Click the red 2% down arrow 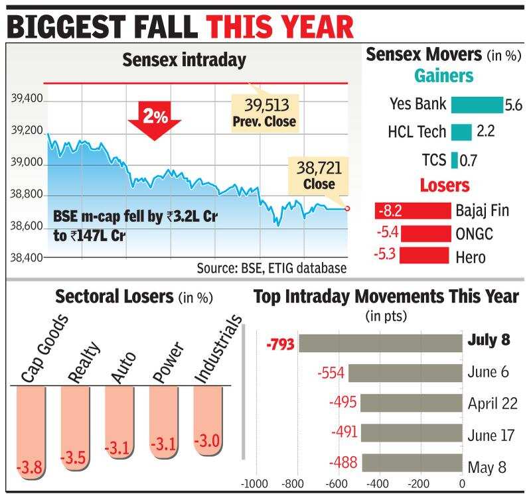(x=153, y=117)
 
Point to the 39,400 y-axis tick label (x=26, y=99)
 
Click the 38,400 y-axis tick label (x=26, y=257)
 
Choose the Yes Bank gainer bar (x=477, y=105)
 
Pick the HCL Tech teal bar (x=461, y=132)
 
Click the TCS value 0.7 (x=469, y=160)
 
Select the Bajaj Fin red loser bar (x=412, y=211)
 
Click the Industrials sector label (x=216, y=350)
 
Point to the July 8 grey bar (x=380, y=342)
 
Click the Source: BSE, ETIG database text (x=271, y=268)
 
